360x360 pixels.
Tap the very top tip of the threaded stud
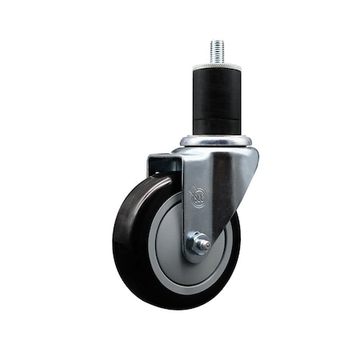pos(217,42)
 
